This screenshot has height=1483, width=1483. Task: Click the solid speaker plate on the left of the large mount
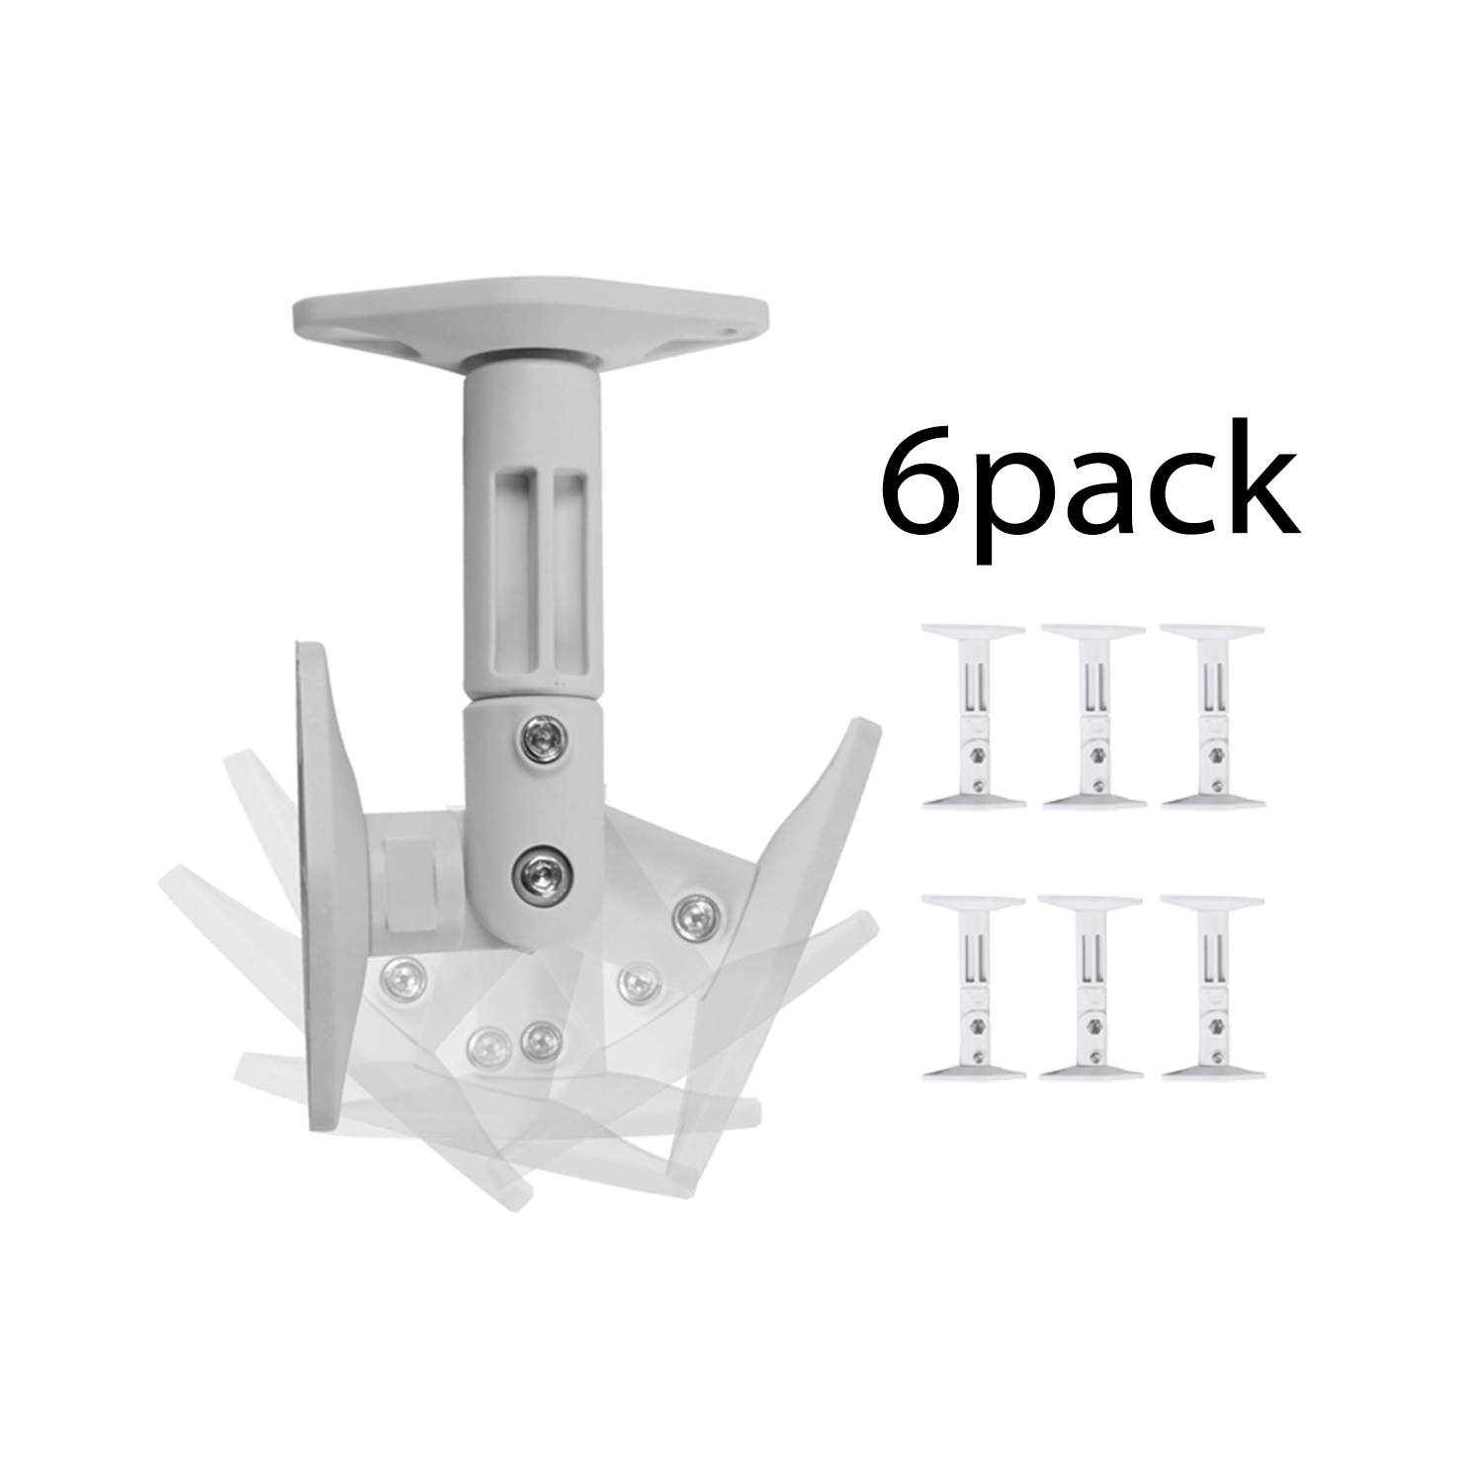tap(321, 890)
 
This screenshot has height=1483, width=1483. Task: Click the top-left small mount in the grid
tap(972, 717)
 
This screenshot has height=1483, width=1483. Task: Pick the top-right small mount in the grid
tap(1212, 717)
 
